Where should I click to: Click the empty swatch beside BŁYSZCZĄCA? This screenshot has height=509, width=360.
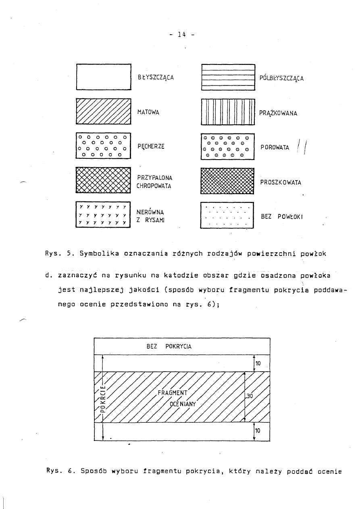(104, 77)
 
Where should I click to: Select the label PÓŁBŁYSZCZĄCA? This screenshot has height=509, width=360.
(281, 78)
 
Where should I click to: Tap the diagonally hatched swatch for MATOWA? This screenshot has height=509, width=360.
(104, 111)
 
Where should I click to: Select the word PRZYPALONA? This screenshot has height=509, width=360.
(154, 177)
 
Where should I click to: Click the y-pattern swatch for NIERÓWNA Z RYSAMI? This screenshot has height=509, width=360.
(104, 215)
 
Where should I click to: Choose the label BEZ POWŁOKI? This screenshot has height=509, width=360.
(282, 216)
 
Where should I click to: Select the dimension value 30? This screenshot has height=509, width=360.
(250, 396)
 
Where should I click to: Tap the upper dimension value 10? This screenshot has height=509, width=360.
(258, 363)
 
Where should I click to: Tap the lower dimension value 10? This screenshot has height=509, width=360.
(258, 431)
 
